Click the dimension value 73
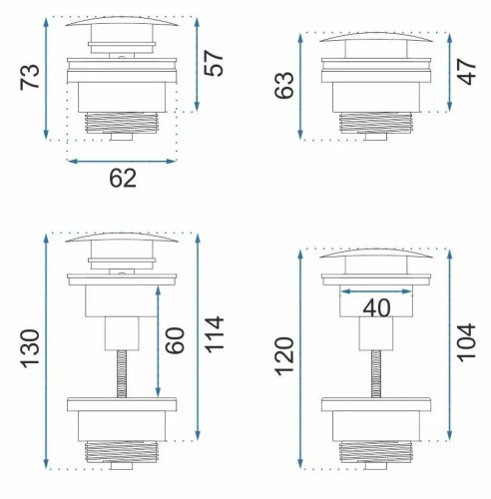point(30,77)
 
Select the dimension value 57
point(214,63)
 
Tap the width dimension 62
point(123,179)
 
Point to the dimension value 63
point(284,85)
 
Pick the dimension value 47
point(466,72)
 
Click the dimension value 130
point(31,349)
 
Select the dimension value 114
point(215,334)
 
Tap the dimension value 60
point(175,340)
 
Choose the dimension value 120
point(285,356)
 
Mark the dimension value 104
point(466,342)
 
